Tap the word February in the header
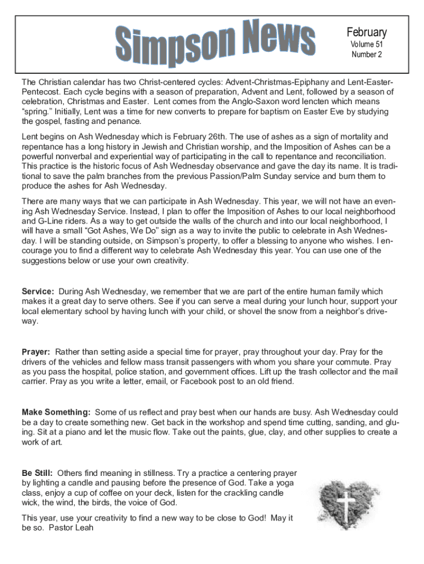coord(366,32)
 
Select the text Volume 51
coord(366,44)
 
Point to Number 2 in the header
coord(366,55)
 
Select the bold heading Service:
coord(38,291)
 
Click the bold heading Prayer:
coord(36,352)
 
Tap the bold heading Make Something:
coord(56,413)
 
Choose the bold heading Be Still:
coord(37,473)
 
